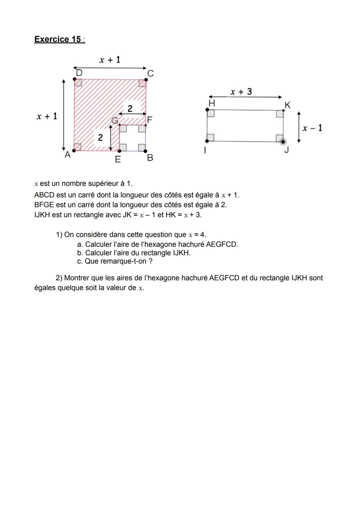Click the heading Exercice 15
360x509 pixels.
59,39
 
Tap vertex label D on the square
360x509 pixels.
79,73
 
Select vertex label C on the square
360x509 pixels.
150,73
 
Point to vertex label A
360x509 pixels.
67,155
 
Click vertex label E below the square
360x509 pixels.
118,160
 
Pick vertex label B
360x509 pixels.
150,158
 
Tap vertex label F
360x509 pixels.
150,120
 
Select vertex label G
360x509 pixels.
114,121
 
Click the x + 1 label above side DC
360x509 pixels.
110,60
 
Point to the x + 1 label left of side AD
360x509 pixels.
47,116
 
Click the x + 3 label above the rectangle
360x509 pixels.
241,92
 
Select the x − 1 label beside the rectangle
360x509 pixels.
312,128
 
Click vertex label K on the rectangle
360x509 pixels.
288,105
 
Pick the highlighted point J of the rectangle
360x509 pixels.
283,142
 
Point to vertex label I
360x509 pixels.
205,151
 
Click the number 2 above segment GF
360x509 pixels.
130,108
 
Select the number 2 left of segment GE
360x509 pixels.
100,137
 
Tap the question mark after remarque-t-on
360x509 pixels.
151,261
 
